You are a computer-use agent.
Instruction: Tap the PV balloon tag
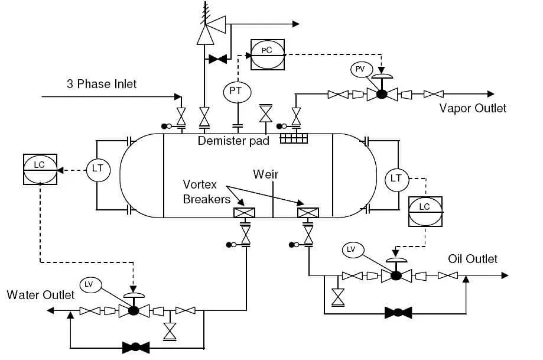(360, 70)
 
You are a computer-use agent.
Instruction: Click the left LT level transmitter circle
(97, 169)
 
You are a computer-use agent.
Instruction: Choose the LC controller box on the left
(40, 170)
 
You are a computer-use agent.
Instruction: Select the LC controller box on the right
(425, 210)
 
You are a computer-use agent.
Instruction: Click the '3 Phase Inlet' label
(101, 84)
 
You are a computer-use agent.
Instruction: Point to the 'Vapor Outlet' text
(473, 108)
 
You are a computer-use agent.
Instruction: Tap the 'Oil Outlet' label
(472, 259)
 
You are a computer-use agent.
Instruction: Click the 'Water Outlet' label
(40, 294)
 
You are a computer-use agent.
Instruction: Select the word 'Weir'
(265, 174)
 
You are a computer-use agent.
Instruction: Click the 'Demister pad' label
(233, 141)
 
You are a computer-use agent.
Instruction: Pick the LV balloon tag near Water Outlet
(89, 284)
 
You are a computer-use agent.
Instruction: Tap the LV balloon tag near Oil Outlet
(351, 249)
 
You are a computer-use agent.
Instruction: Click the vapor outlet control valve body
(382, 94)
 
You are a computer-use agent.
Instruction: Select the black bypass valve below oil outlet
(398, 312)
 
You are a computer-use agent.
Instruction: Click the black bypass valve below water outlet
(135, 346)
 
